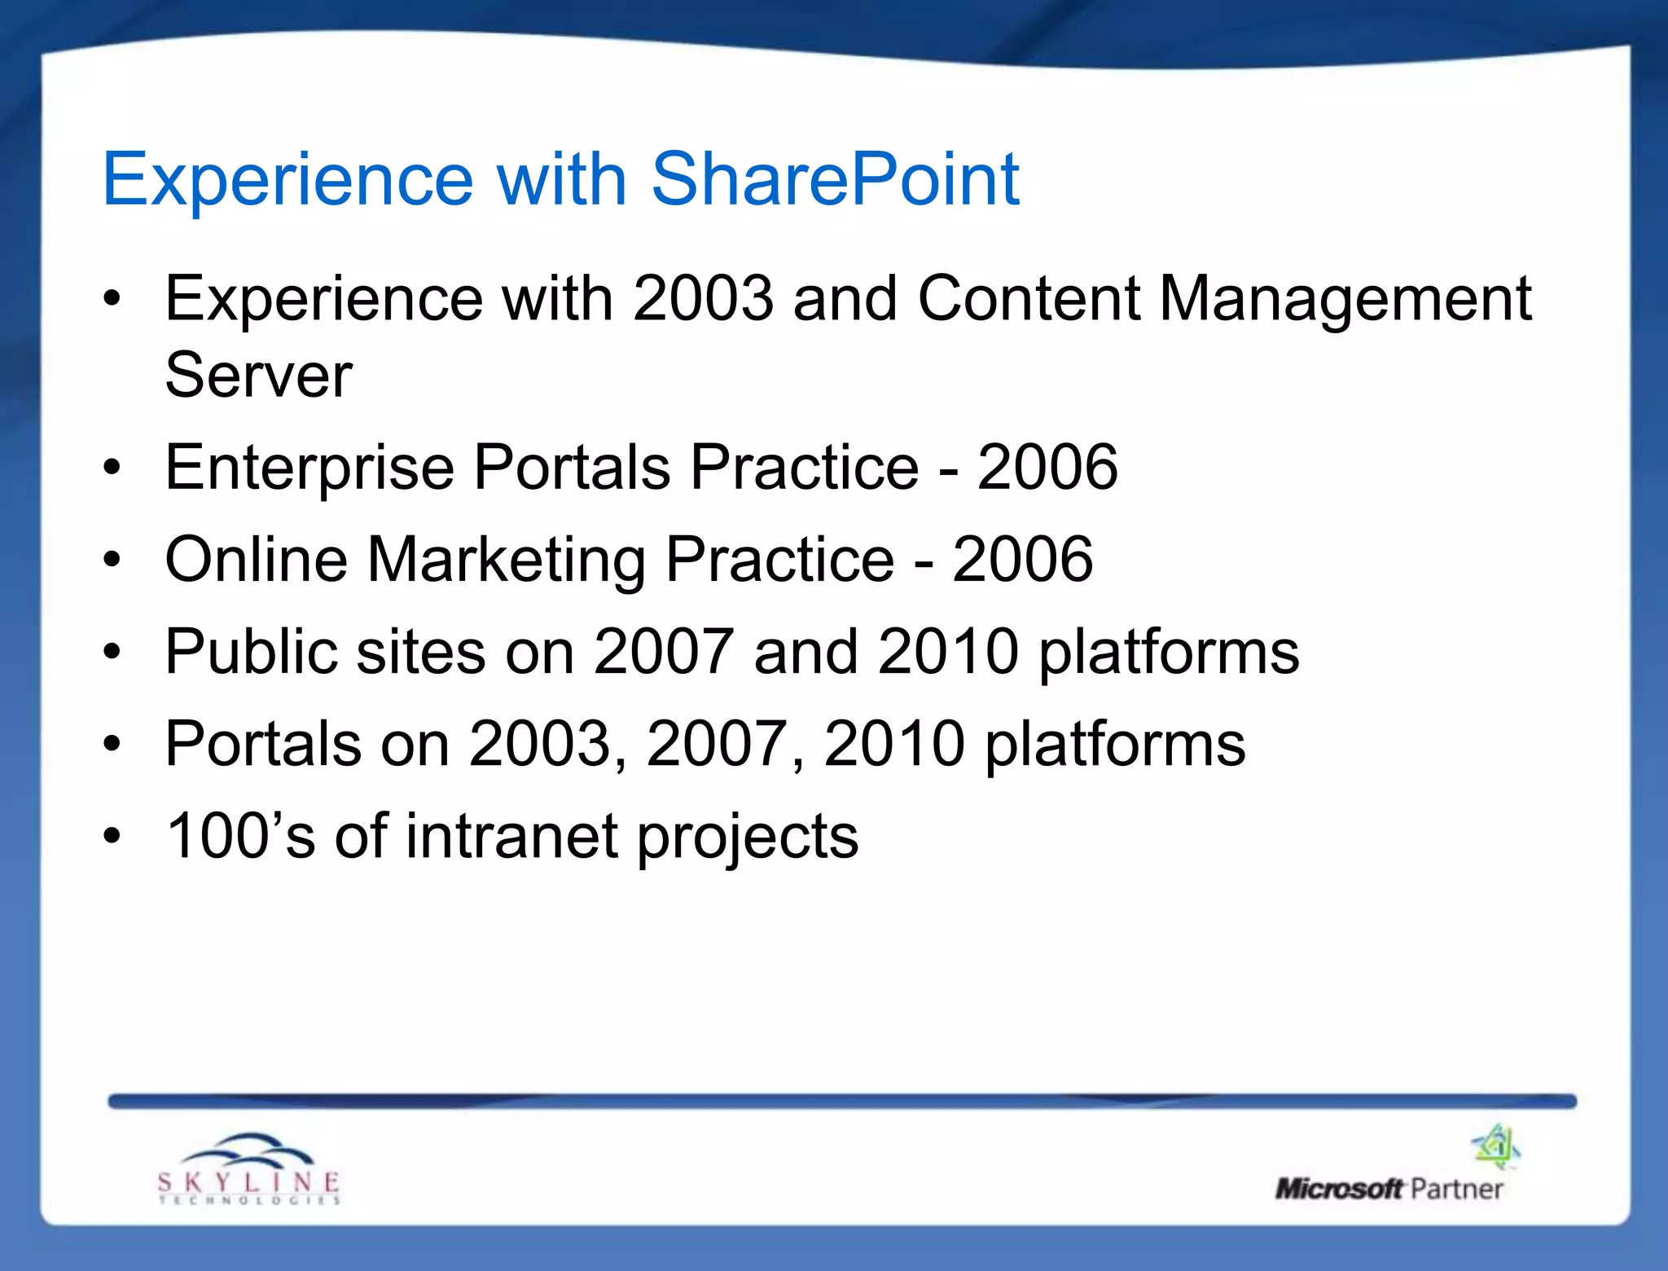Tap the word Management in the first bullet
point(1345,299)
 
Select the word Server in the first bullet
point(258,376)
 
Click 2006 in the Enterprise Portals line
point(1047,468)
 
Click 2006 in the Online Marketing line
point(1023,560)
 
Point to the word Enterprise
point(309,468)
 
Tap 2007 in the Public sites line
point(663,652)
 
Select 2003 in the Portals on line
point(540,744)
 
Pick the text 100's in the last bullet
point(240,837)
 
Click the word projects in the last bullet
point(747,837)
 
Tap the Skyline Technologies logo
point(248,1170)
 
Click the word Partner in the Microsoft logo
point(1456,1189)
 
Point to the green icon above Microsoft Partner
point(1496,1146)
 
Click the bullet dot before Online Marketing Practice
point(112,560)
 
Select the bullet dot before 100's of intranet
point(112,837)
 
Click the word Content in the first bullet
point(1028,299)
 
